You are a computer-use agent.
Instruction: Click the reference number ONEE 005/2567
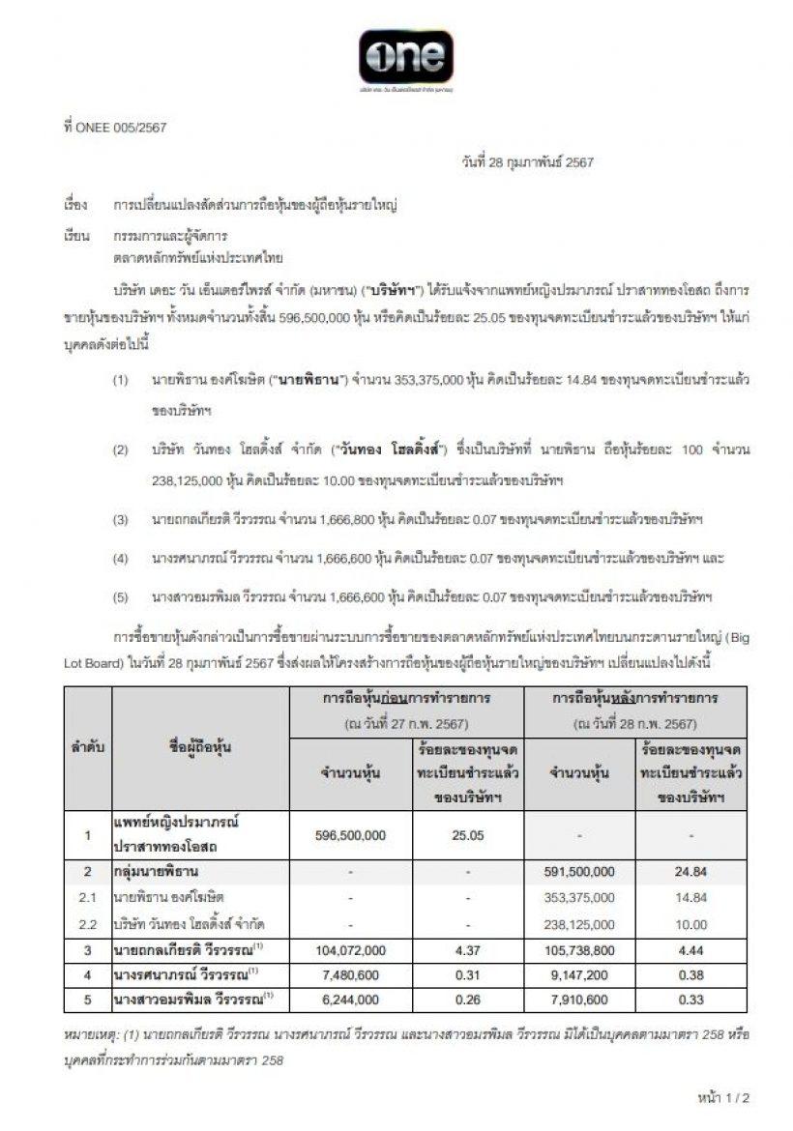[x=108, y=127]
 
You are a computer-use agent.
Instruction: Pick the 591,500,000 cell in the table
[x=580, y=872]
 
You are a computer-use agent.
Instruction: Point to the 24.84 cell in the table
[x=692, y=872]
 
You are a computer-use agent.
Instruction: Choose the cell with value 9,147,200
[x=580, y=974]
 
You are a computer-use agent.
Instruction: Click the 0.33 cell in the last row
[x=692, y=997]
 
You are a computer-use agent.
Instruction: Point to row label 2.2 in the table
[x=87, y=925]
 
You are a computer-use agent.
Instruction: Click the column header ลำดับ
[x=87, y=747]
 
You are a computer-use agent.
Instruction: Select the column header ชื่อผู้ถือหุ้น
[x=199, y=747]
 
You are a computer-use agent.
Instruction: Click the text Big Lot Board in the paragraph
[x=717, y=639]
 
